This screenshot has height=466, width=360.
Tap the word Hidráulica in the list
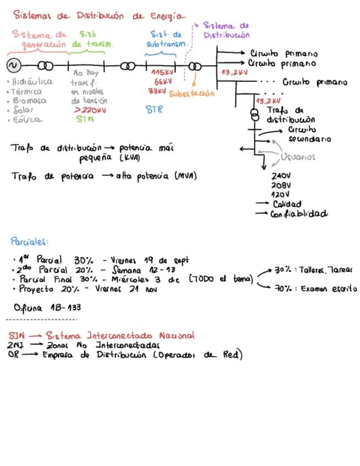(x=32, y=81)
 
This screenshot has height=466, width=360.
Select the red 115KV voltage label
(x=160, y=73)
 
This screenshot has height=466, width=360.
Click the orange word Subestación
(x=191, y=93)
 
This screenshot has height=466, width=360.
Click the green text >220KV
(x=89, y=109)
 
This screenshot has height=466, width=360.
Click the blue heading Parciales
(x=30, y=241)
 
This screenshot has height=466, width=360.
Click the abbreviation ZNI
(x=15, y=345)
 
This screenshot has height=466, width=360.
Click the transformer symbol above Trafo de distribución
(x=254, y=114)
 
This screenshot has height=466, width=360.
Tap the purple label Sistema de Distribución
(x=226, y=30)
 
